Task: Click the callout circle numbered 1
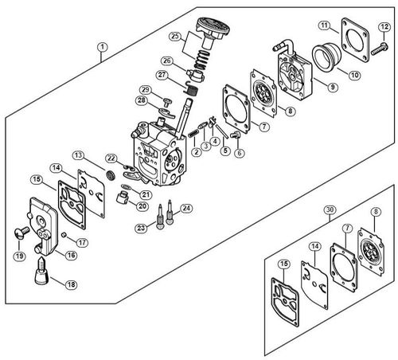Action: pos(102,46)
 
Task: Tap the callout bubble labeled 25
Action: pos(174,36)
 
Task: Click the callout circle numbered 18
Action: pos(72,284)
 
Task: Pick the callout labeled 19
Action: pos(18,256)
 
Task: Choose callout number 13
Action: pos(78,155)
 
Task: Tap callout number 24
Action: pos(186,209)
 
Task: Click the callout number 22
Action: pos(111,158)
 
